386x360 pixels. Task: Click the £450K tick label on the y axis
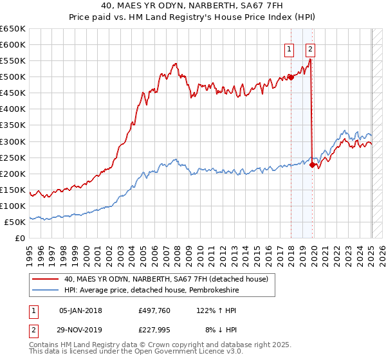13,93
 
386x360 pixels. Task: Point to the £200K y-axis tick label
13,174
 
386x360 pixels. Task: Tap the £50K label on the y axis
15,222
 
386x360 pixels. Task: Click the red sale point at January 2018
290,77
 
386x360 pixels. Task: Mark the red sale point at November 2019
312,165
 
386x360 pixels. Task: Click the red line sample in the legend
46,279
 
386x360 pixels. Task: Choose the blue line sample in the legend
46,290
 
